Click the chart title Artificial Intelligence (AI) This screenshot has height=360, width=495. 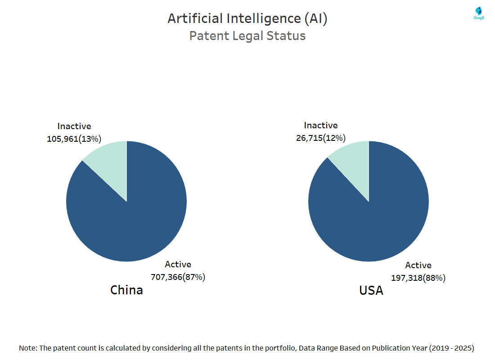click(x=247, y=18)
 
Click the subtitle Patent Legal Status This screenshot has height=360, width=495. click(x=247, y=36)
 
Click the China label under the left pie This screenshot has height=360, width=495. click(x=126, y=290)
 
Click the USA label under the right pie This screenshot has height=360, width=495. click(x=371, y=291)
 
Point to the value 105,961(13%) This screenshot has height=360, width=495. click(x=74, y=139)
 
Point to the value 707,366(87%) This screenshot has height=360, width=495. click(x=178, y=277)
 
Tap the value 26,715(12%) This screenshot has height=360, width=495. click(x=320, y=138)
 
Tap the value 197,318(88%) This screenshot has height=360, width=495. click(x=418, y=278)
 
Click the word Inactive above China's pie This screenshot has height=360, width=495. click(x=74, y=126)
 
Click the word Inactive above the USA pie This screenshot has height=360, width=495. click(x=320, y=126)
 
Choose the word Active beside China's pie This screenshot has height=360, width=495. click(x=178, y=265)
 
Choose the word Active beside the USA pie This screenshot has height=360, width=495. click(x=418, y=265)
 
